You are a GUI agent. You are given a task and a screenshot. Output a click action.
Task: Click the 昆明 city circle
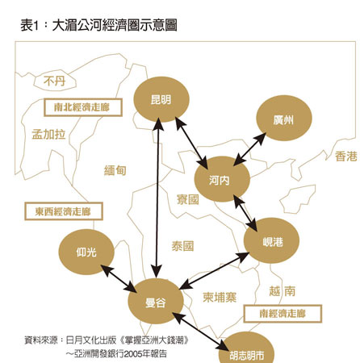[x=161, y=99]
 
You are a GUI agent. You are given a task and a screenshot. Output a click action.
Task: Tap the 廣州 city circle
[x=284, y=118]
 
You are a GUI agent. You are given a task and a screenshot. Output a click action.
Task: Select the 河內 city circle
[x=222, y=179]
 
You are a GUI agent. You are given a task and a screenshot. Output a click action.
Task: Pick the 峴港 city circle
[x=271, y=240]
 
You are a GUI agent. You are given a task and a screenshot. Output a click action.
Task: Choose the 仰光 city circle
[x=86, y=252]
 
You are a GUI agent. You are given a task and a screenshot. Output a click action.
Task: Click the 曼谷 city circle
[x=156, y=302]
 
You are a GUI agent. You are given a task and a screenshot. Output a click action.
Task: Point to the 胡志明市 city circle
[x=246, y=349]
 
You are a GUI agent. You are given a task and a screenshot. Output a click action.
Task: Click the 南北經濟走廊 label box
[x=83, y=107]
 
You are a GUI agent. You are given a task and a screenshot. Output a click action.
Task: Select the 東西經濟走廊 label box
[x=64, y=211]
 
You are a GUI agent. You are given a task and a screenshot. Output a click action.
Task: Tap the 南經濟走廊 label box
[x=283, y=314]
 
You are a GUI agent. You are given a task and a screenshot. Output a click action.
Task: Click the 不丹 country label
[x=55, y=81]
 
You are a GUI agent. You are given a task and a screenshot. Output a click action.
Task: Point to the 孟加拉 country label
[x=48, y=134]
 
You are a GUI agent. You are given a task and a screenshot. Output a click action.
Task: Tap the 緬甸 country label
[x=115, y=170]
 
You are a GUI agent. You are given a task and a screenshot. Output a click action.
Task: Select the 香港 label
[x=346, y=156]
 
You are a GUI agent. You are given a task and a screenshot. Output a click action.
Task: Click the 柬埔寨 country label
[x=220, y=298]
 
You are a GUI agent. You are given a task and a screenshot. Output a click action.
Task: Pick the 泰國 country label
[x=182, y=246]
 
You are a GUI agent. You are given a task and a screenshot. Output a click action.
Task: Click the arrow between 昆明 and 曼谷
[x=157, y=198]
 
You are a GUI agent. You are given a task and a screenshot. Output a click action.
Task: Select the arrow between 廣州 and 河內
[x=249, y=149]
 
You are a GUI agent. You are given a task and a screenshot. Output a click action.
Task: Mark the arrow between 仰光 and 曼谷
[x=119, y=278]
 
